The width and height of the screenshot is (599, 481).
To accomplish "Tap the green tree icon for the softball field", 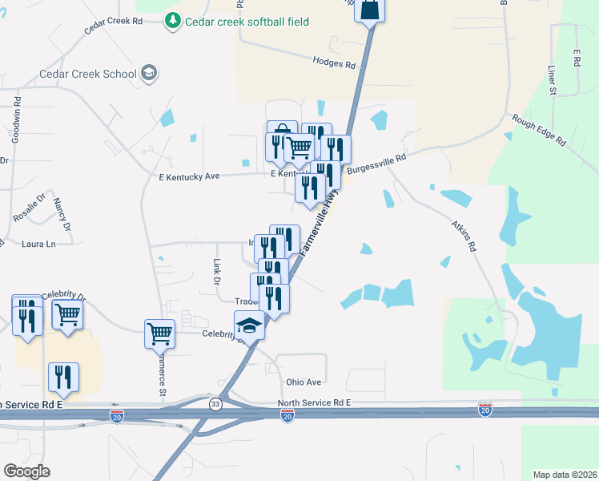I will pos(173,22).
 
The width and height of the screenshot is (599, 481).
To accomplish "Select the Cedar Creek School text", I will pos(88,75).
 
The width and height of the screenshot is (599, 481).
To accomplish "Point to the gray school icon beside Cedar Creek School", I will pos(148,74).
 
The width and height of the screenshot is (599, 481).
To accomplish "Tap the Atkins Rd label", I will pos(464,236).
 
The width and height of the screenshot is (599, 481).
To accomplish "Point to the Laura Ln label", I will pos(39,243).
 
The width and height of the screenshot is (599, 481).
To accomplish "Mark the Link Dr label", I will pos(216,272).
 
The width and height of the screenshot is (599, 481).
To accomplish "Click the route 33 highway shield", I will pos(215,405).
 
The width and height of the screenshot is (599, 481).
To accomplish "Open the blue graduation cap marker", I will pos(249,325).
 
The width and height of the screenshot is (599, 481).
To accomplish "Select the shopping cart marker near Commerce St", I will pos(159,331).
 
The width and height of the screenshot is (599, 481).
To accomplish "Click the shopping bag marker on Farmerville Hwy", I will pos(370,9).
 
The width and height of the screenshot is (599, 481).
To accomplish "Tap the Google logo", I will pos(26,471).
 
